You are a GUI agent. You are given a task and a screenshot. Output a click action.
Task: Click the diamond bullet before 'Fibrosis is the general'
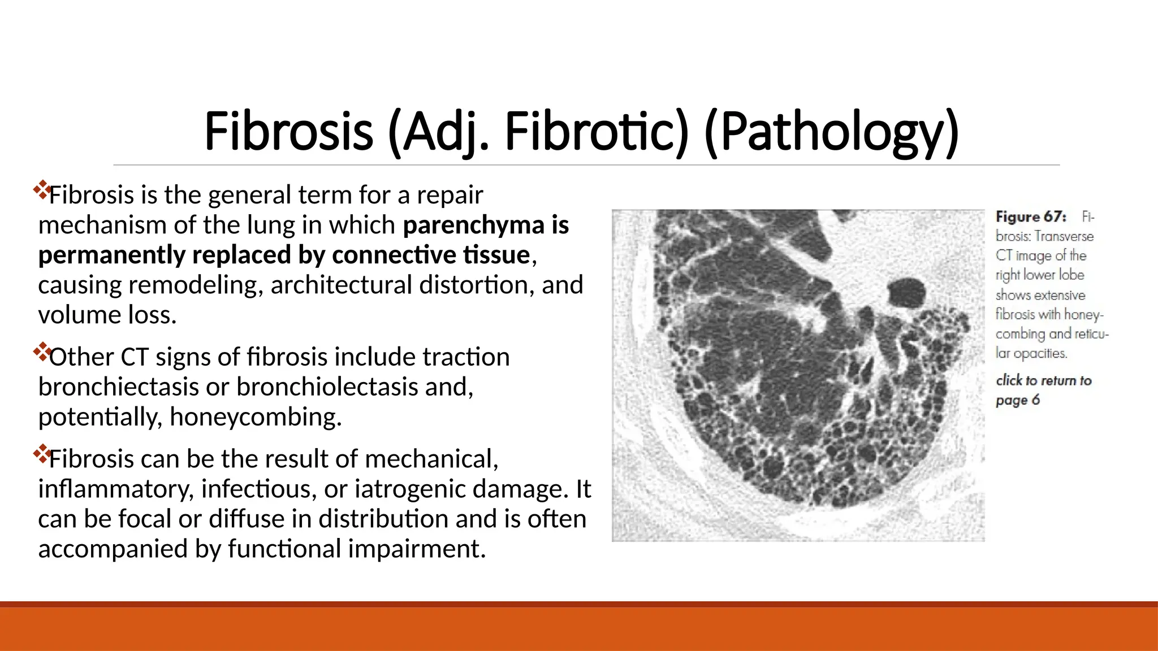(x=42, y=189)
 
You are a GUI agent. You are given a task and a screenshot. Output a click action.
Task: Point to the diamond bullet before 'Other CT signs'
(x=42, y=351)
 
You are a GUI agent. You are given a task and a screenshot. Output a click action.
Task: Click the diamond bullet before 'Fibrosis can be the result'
(x=42, y=453)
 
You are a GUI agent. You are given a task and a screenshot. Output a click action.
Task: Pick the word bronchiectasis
(x=118, y=387)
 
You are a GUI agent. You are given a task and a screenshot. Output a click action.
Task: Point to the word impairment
(x=416, y=549)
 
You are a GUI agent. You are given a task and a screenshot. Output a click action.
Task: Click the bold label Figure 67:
(x=1031, y=217)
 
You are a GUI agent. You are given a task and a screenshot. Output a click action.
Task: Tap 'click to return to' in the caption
(x=1043, y=380)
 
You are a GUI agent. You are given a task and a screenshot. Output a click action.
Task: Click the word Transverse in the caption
(x=1065, y=236)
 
